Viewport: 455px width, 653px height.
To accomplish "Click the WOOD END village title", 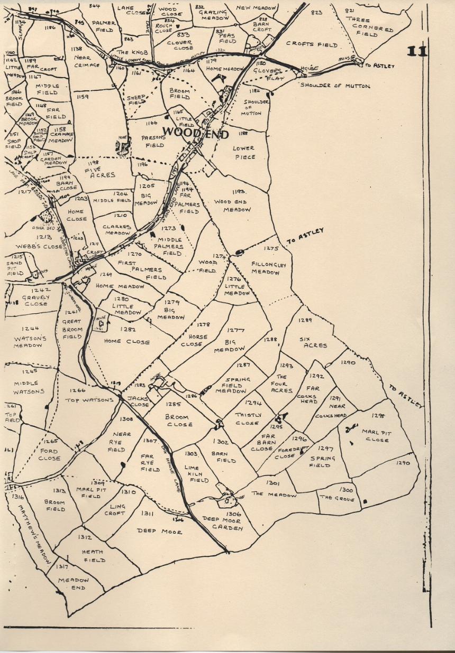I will [195, 133].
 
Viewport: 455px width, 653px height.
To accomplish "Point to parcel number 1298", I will [378, 416].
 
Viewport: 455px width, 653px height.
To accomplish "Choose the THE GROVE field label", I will [337, 498].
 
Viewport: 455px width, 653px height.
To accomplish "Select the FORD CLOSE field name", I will [49, 455].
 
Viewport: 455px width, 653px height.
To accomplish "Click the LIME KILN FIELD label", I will [195, 474].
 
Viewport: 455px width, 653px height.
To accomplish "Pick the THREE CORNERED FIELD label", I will [372, 27].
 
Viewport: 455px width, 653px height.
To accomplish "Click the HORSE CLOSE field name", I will [195, 340].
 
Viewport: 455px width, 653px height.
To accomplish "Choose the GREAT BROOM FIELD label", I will [72, 329].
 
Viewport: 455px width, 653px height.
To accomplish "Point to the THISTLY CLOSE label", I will [247, 419].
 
